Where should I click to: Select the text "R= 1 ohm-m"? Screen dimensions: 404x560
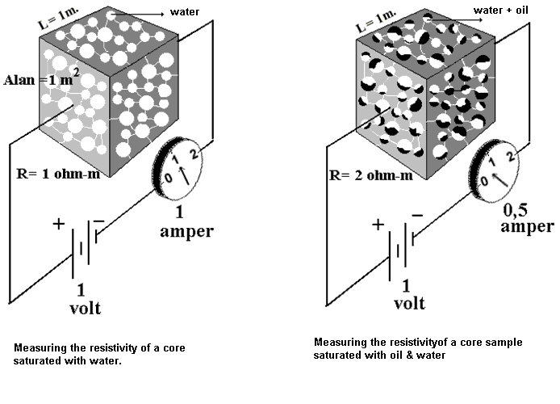click(x=57, y=173)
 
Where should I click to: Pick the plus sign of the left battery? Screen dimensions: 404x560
click(x=57, y=225)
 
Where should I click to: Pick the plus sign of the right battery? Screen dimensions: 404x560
click(x=378, y=225)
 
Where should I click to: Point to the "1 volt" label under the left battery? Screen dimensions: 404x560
click(x=81, y=298)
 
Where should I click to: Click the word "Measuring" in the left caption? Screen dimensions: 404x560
click(x=36, y=347)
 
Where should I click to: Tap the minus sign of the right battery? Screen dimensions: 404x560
click(x=416, y=215)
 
